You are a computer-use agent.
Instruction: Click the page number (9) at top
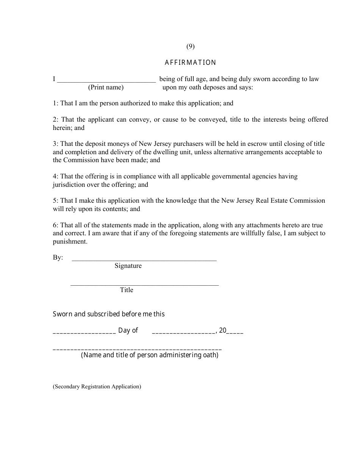190,47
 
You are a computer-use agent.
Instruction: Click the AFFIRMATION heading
190,63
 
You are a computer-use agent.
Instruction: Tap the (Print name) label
106,88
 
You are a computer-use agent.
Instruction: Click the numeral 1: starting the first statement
56,103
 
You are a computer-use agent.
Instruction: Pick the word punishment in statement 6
70,242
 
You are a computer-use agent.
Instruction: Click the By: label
58,258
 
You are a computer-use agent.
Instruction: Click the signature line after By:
144,260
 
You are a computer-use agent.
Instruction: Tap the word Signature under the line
128,266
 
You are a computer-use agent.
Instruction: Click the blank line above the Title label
144,284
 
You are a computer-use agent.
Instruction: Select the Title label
127,290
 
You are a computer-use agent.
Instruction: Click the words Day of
128,330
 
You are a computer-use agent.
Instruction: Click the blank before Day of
84,332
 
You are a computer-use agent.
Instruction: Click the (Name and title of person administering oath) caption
150,355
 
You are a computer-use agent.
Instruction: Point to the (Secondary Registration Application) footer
97,387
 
